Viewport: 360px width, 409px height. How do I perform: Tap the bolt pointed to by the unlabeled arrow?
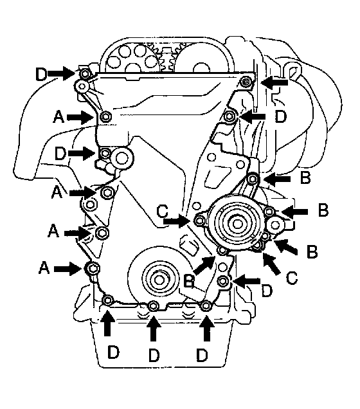(x=246, y=82)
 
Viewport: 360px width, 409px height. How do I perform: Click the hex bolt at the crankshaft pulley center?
(x=158, y=280)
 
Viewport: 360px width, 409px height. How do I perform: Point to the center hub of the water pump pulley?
(x=237, y=224)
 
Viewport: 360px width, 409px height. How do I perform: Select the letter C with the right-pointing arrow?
(x=163, y=211)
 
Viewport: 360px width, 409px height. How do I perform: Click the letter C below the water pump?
(x=291, y=278)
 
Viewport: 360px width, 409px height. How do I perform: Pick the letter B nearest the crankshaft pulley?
(x=189, y=281)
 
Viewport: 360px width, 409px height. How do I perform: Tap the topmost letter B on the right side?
(x=305, y=178)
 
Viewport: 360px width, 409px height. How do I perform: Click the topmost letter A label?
(x=59, y=116)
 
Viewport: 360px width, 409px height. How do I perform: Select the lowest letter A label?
(x=44, y=268)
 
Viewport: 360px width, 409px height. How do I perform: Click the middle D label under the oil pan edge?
(x=154, y=355)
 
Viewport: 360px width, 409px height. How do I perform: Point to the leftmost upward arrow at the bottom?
(x=107, y=322)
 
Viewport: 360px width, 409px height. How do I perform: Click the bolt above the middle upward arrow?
(x=153, y=305)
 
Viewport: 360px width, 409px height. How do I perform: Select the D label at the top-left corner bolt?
(x=41, y=74)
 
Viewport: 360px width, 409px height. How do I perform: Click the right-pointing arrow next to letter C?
(x=175, y=221)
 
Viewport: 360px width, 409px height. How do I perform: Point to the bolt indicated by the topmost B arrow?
(x=253, y=179)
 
